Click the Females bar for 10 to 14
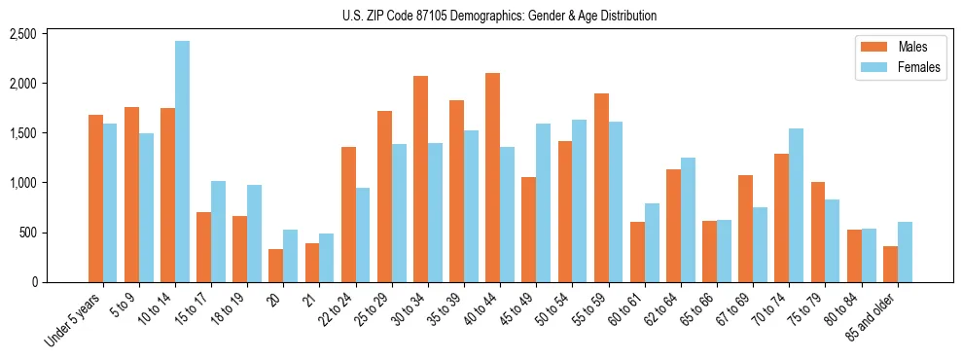[x=183, y=162]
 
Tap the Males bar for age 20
[x=276, y=266]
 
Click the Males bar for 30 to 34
[x=420, y=179]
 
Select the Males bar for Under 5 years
[x=95, y=198]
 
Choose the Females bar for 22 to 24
[x=364, y=234]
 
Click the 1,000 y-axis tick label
[x=50, y=183]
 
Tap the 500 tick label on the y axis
[x=54, y=233]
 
